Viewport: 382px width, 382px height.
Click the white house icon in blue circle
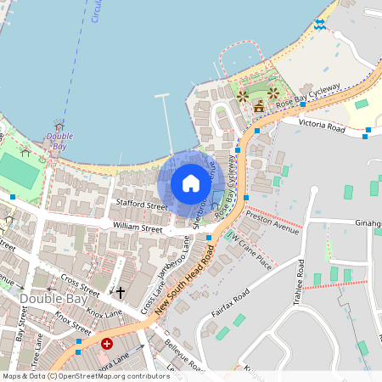[x=191, y=183]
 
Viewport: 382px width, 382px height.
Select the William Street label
[x=137, y=228]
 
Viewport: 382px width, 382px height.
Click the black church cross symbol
[x=121, y=293]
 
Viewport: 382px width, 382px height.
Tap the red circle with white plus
[x=107, y=344]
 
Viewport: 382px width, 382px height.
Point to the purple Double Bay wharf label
[x=59, y=140]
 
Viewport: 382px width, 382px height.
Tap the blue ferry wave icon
[x=320, y=24]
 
